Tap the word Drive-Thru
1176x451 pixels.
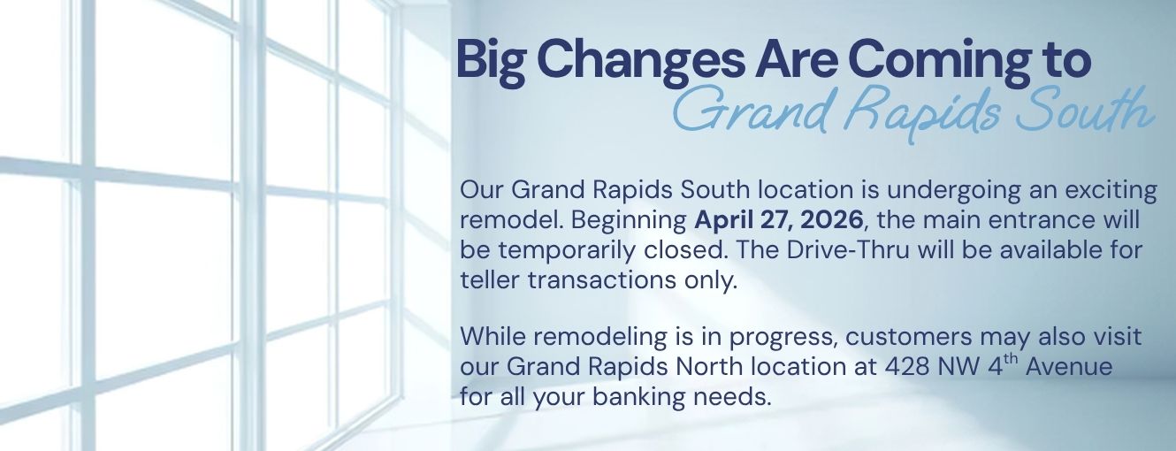[834, 249]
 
